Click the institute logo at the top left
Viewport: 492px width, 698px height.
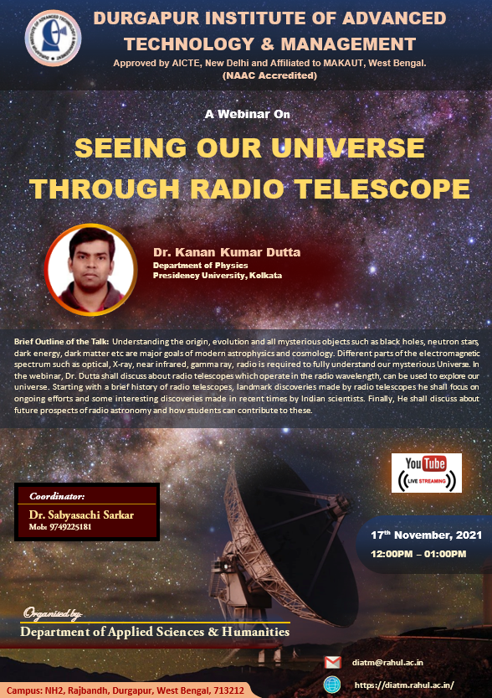point(53,38)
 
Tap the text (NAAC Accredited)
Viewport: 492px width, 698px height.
point(269,75)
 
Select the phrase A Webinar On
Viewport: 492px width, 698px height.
point(247,115)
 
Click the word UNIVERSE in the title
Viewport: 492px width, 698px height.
point(348,147)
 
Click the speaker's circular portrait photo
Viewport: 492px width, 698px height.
point(90,270)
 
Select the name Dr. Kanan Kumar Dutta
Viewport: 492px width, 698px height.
point(227,252)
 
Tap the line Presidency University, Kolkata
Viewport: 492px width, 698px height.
point(218,276)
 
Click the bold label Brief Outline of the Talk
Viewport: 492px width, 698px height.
point(61,342)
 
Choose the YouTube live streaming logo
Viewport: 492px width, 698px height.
point(426,473)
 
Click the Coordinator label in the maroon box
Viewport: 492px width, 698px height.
point(57,496)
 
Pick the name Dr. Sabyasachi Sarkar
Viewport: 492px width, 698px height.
point(81,515)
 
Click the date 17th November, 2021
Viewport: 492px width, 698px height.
point(426,535)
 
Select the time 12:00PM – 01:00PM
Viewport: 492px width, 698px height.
point(418,554)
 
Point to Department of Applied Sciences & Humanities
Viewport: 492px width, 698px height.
point(155,632)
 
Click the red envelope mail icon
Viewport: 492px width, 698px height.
point(332,662)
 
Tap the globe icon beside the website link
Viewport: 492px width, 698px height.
point(332,685)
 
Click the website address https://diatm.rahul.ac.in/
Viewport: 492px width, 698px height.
point(404,685)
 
